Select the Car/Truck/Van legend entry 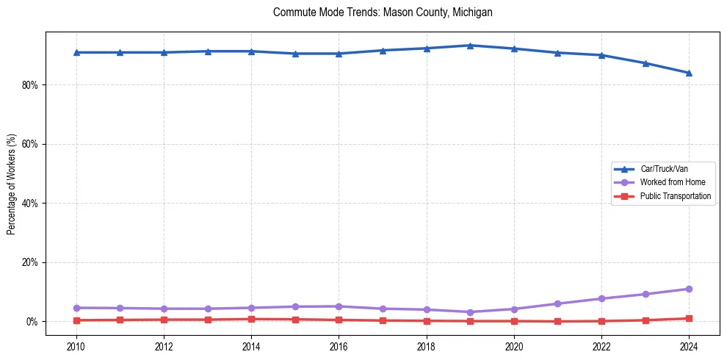coord(664,169)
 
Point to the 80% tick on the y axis coord(31,85)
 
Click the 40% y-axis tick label coord(31,204)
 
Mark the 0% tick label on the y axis coord(33,322)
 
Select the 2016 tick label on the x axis coord(339,345)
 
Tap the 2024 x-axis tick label coord(689,345)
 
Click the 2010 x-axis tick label coord(76,345)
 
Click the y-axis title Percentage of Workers coord(12,184)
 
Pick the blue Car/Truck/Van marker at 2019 coord(470,46)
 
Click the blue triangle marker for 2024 coord(689,73)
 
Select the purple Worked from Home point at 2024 coord(689,289)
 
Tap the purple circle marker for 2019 coord(470,312)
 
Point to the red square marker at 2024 coord(689,319)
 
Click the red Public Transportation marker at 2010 coord(76,320)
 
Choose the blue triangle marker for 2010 coord(76,52)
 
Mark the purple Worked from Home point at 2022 coord(601,298)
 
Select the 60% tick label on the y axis coord(31,144)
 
